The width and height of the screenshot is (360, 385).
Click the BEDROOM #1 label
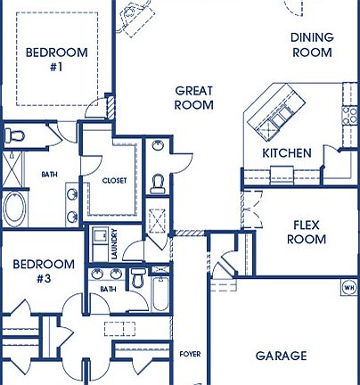(56, 59)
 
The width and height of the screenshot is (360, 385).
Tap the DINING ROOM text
(312, 45)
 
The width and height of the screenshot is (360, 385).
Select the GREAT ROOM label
(194, 97)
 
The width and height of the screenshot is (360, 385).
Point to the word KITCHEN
(287, 153)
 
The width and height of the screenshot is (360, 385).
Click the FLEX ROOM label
(305, 232)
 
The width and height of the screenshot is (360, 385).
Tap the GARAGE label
(282, 356)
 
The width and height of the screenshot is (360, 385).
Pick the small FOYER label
(190, 354)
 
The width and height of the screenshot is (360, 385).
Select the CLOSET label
(115, 180)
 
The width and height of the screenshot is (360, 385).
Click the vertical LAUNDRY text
(115, 244)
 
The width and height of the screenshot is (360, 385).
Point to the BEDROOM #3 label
(43, 271)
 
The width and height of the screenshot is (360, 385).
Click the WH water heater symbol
(348, 288)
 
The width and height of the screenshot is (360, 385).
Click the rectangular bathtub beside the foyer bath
(160, 293)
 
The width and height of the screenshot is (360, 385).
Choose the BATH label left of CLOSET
(50, 175)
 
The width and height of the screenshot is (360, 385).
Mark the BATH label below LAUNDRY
(108, 289)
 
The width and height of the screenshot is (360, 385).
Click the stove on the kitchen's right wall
(349, 116)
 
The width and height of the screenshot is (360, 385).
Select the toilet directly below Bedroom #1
(14, 135)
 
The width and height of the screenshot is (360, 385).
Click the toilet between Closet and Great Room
(159, 183)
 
